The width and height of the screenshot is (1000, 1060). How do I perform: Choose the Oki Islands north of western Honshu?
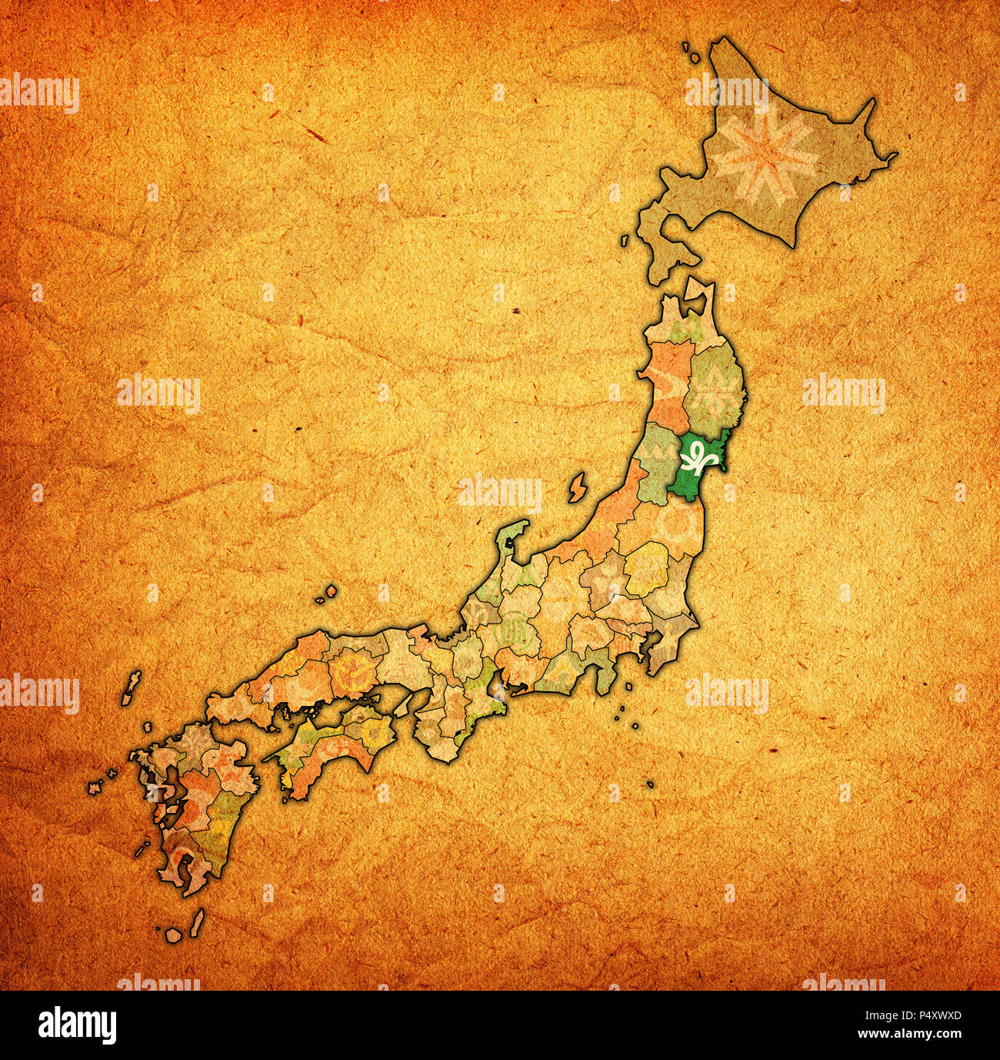click(328, 594)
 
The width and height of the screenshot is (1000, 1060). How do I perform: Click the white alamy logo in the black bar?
click(78, 1025)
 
